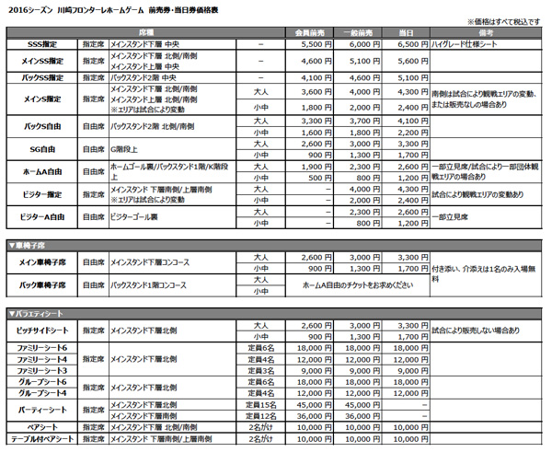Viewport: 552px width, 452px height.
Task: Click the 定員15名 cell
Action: click(x=261, y=404)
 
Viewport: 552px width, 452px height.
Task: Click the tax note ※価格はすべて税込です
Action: click(x=505, y=19)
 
